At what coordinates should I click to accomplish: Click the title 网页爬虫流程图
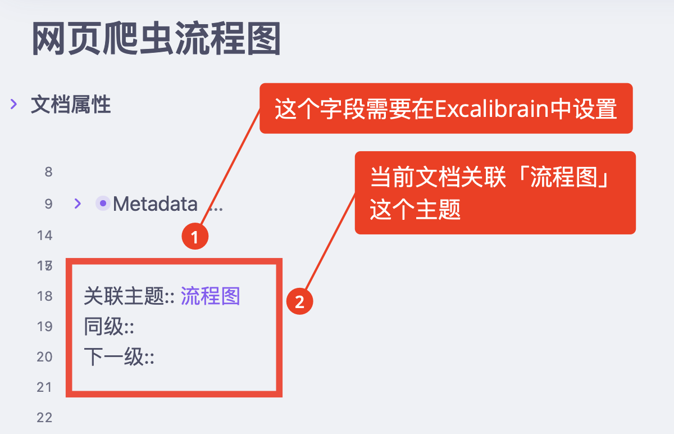coord(156,39)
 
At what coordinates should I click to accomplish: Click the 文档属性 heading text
coord(71,105)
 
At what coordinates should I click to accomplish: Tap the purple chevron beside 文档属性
coord(13,104)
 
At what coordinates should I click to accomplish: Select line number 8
coord(48,172)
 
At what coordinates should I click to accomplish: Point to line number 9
coord(48,204)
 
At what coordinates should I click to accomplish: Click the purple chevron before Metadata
coord(78,204)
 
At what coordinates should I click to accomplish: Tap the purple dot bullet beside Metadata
coord(103,204)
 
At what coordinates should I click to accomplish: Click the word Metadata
coord(155,204)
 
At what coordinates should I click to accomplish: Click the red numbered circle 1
coord(195,237)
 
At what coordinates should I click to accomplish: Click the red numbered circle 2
coord(300,301)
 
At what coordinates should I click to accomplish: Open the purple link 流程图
coord(210,296)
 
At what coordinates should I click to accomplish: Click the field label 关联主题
coord(124,296)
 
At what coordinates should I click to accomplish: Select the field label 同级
coord(104,327)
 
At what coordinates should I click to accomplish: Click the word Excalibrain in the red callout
coord(492,108)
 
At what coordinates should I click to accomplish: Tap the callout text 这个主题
coord(415,209)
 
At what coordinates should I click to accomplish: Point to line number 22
coord(44,418)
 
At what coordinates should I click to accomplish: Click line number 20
coord(44,357)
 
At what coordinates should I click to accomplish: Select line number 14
coord(44,236)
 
